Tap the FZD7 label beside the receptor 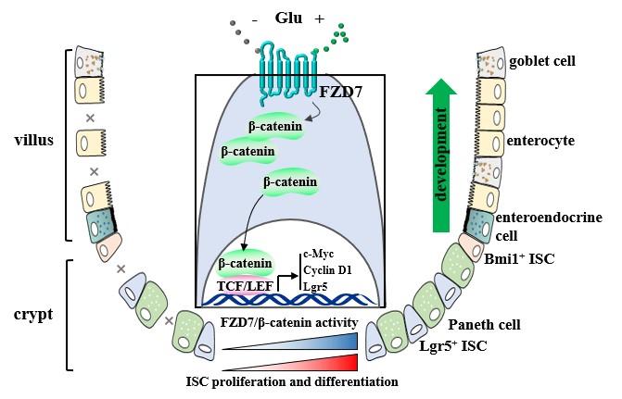point(337,93)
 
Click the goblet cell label point(543,61)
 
